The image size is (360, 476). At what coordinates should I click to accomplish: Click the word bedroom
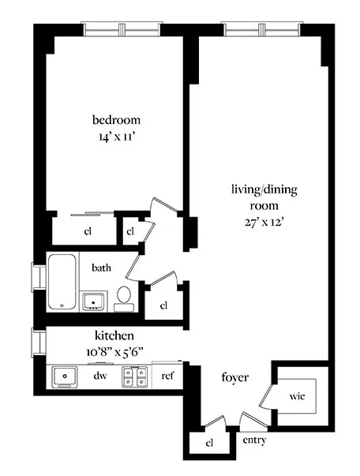click(x=117, y=120)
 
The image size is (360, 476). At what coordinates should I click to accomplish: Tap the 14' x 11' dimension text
click(x=117, y=136)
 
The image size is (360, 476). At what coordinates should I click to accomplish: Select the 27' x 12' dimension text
click(x=264, y=222)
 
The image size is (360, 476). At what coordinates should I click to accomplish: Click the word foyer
click(x=235, y=378)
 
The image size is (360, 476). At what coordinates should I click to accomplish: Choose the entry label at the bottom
click(x=254, y=440)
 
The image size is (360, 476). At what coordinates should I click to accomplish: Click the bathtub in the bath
click(x=62, y=282)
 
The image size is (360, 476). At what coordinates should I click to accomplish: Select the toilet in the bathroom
click(x=123, y=296)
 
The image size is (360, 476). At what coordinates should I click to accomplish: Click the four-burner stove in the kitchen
click(x=134, y=377)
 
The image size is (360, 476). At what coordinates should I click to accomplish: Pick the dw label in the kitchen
click(x=100, y=377)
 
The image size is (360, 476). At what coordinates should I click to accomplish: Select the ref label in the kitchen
click(x=167, y=377)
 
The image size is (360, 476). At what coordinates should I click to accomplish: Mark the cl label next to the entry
click(x=209, y=444)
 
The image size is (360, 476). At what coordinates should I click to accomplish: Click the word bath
click(x=101, y=268)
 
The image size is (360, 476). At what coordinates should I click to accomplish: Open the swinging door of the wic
click(x=268, y=393)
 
